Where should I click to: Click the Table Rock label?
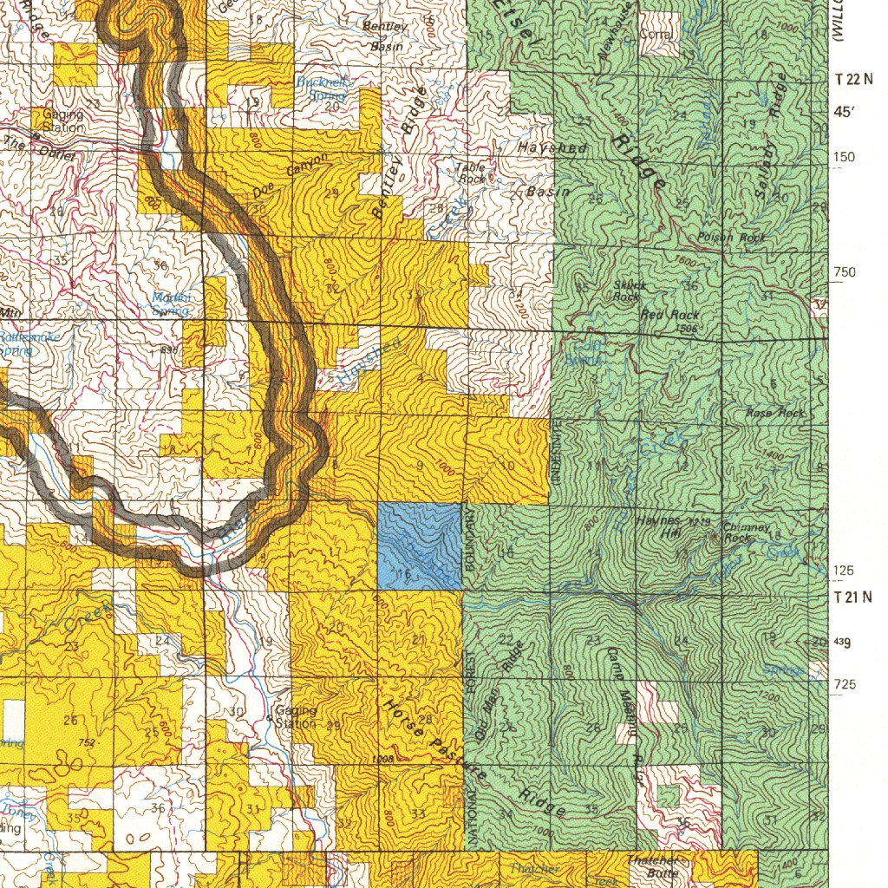[x=473, y=172]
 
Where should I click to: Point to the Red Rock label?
[x=670, y=315]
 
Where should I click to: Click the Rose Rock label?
[x=775, y=414]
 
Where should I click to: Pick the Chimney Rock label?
[x=745, y=532]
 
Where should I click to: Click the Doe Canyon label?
[x=291, y=175]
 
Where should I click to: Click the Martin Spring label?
[x=171, y=304]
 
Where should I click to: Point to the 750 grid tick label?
[x=845, y=272]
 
